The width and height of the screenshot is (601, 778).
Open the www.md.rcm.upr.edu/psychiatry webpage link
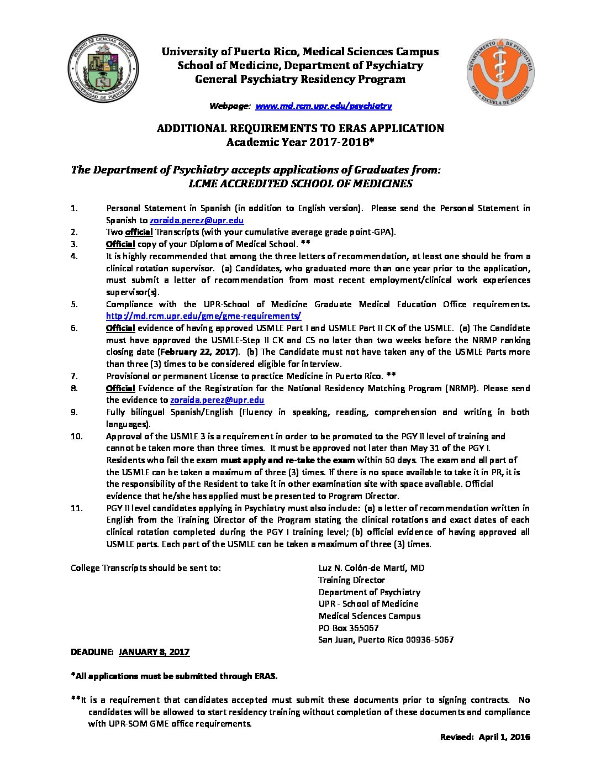pos(323,106)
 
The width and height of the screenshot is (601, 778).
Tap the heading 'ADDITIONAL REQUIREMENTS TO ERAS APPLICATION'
pos(300,128)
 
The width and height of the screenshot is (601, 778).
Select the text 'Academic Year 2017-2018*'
pos(300,142)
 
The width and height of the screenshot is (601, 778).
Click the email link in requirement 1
pos(197,220)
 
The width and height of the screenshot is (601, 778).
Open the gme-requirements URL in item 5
pos(203,316)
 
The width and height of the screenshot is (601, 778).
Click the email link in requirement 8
pos(217,400)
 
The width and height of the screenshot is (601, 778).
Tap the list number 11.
pos(77,508)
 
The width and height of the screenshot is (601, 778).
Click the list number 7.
pos(74,376)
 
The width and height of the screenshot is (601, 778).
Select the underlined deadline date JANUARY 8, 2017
pos(154,652)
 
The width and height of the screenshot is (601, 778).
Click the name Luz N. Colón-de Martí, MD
pos(371,568)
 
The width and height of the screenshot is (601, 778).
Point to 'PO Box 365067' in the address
pos(349,628)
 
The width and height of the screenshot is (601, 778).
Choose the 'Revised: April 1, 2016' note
pos(485,737)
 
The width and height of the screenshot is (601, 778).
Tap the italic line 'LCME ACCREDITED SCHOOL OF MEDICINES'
pos(300,184)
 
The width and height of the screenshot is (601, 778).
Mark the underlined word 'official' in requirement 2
pos(139,232)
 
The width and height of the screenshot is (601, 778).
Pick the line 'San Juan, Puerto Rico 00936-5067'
pos(386,640)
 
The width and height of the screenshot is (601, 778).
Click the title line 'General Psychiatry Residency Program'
pos(300,79)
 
